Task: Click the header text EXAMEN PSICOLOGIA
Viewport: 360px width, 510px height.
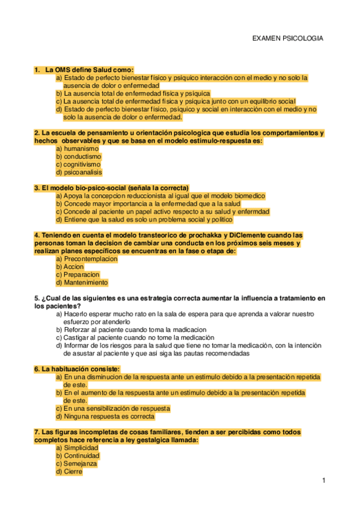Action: (x=287, y=38)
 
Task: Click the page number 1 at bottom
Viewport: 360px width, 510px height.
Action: (x=323, y=481)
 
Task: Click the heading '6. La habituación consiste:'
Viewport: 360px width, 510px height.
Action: (x=77, y=369)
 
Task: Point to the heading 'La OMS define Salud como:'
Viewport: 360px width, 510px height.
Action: (x=89, y=70)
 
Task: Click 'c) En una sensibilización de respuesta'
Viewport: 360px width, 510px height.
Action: (x=112, y=408)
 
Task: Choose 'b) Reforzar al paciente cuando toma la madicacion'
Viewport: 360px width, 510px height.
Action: (x=131, y=330)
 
